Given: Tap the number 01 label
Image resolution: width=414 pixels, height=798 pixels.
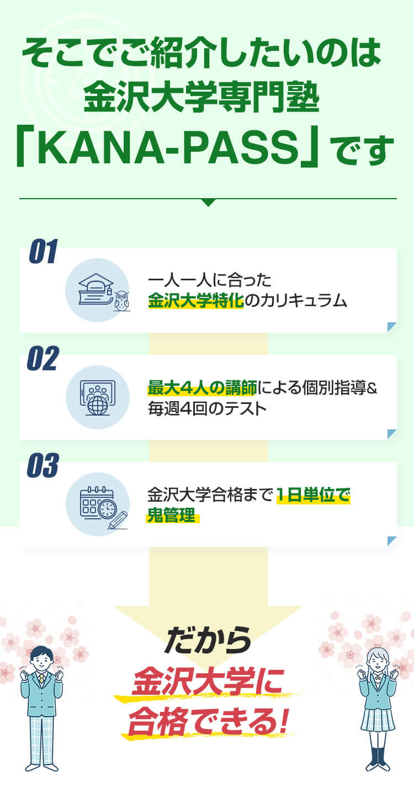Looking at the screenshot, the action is [x=43, y=251].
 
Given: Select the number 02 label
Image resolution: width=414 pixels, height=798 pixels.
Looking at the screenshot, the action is [x=43, y=358].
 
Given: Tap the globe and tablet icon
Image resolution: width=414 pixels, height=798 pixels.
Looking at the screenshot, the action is [x=98, y=397].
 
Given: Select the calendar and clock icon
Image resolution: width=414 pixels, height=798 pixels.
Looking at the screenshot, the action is [x=103, y=507].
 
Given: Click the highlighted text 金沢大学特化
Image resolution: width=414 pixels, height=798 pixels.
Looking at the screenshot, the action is [x=196, y=301].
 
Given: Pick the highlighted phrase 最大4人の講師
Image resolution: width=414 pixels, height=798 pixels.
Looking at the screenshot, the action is [x=203, y=388].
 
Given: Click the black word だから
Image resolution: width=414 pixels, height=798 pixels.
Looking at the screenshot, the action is [x=208, y=640].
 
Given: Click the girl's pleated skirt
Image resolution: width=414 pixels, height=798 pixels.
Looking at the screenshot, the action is [x=378, y=719].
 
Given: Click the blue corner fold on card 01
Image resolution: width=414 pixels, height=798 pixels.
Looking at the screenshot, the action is [x=392, y=327].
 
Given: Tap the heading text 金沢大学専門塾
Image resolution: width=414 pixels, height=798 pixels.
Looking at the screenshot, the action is [x=201, y=97].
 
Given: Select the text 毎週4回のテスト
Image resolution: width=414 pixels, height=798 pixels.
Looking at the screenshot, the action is [x=207, y=408].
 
